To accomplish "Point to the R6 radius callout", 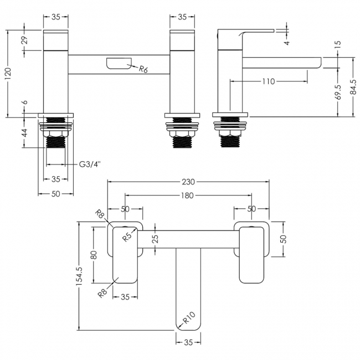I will click(x=143, y=69).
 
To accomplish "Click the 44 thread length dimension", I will click(x=24, y=135).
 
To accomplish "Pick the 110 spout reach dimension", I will click(x=268, y=82).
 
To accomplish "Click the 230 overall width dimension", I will click(x=189, y=182).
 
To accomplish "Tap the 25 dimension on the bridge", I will click(x=155, y=239).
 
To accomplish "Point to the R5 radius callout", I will click(x=127, y=237).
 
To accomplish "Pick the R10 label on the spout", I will click(x=188, y=318).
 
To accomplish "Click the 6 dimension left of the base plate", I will click(x=24, y=104).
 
